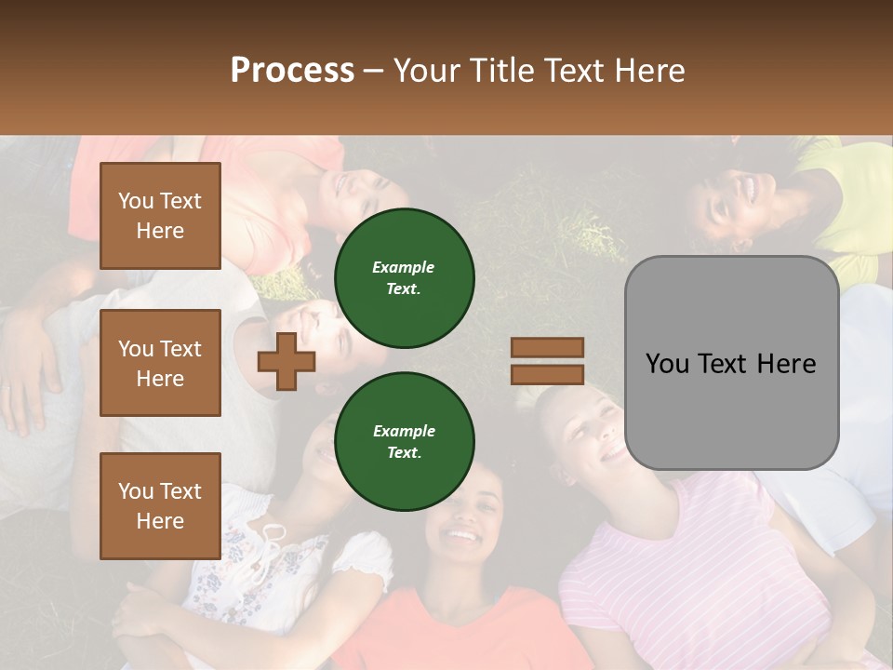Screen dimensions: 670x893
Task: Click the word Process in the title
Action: click(x=292, y=71)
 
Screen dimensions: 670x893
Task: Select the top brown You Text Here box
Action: click(x=160, y=216)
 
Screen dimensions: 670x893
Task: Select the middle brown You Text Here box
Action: click(x=160, y=363)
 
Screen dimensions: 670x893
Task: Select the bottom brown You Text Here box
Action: click(x=160, y=506)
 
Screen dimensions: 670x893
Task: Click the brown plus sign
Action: click(x=287, y=361)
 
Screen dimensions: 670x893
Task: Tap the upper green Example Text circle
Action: click(x=405, y=277)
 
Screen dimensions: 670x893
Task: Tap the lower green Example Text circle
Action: click(x=405, y=441)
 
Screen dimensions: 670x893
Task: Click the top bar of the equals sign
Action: click(x=547, y=347)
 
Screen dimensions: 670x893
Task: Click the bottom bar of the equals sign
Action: click(x=547, y=374)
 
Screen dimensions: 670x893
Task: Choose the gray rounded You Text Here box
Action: click(x=731, y=363)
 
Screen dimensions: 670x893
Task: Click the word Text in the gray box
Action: click(x=731, y=364)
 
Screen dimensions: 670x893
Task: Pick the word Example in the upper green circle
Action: click(x=404, y=267)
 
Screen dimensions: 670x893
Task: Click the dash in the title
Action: click(x=374, y=71)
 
